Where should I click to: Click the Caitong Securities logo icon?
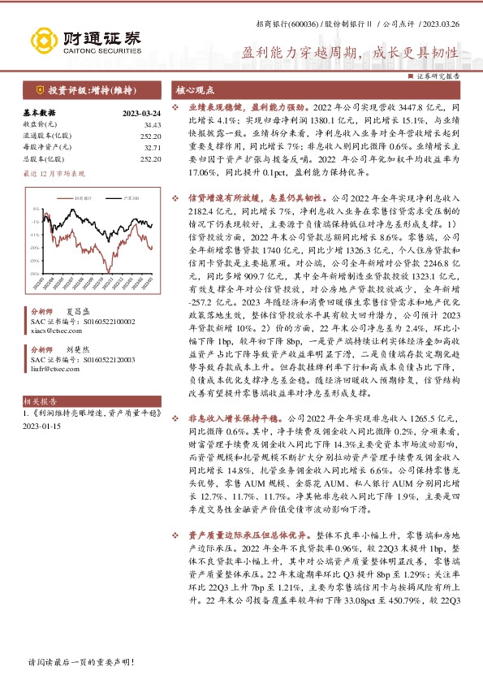tap(41, 38)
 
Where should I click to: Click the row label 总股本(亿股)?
tap(43, 159)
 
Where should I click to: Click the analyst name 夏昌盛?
tap(76, 310)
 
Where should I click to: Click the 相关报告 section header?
tap(40, 400)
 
